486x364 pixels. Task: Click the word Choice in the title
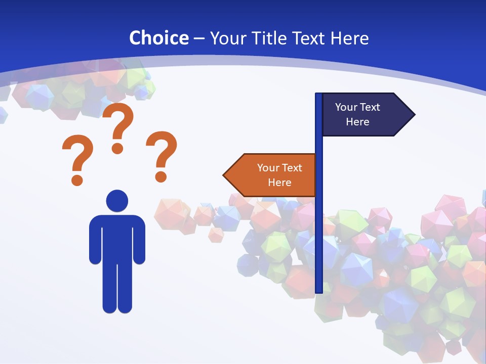pos(159,38)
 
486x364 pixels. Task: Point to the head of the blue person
pos(117,200)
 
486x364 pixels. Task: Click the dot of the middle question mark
pos(117,148)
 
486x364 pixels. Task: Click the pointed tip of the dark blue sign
pos(414,115)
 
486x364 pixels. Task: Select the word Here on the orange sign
pos(279,183)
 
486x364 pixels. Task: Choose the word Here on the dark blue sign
pos(357,122)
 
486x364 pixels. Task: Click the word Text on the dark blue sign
pos(371,107)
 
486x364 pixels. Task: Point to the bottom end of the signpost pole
pos(319,290)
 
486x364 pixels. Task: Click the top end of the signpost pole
pos(319,96)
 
